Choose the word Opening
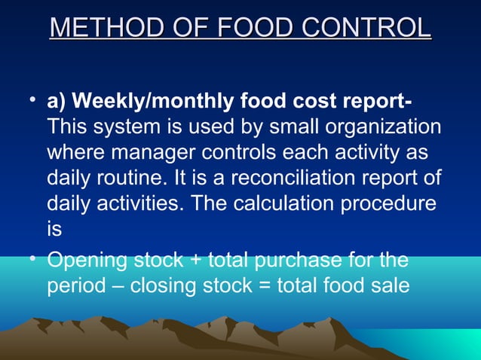88,261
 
